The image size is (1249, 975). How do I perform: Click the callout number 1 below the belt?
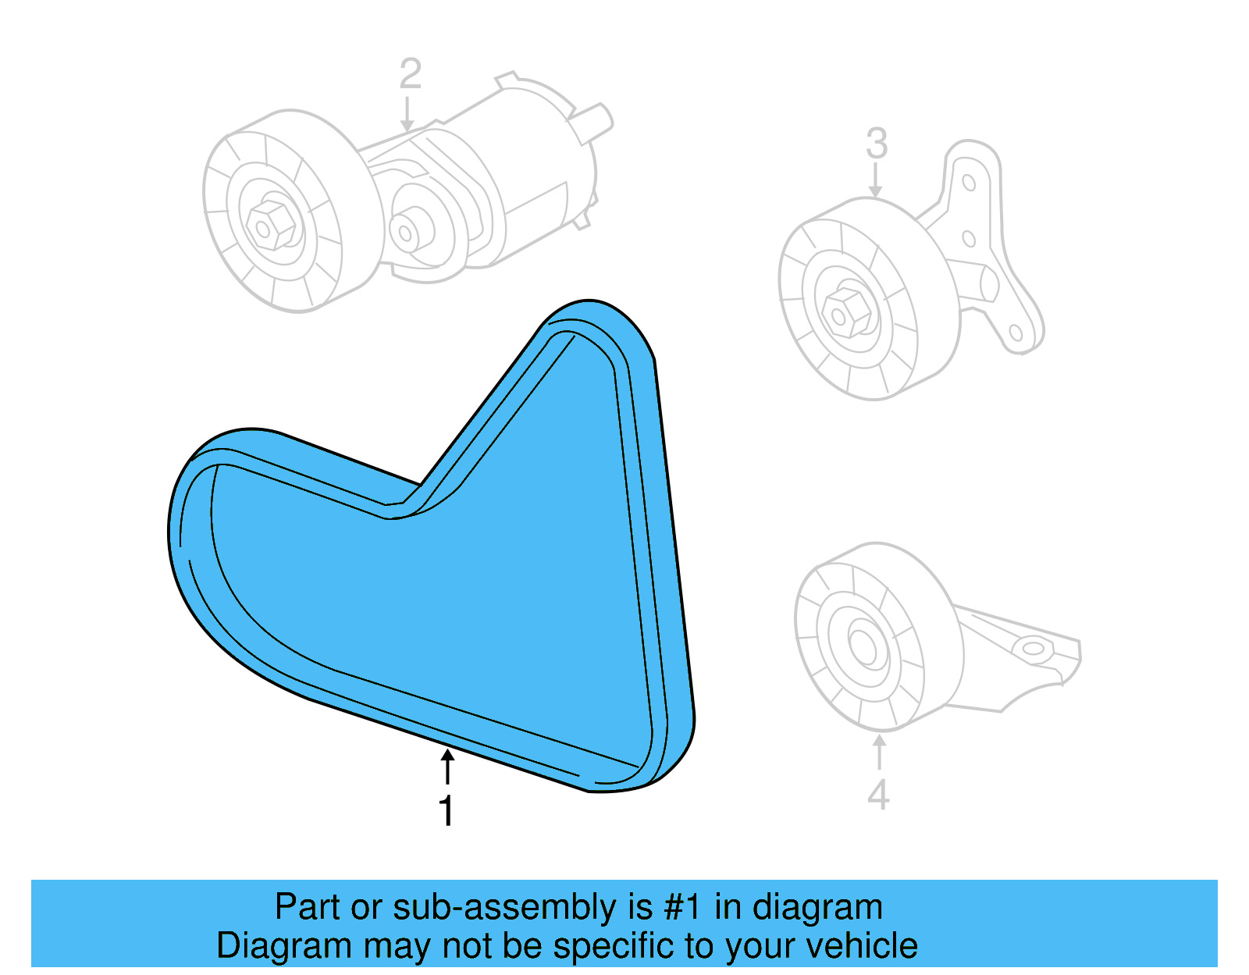click(x=447, y=812)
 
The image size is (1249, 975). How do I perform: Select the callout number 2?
click(x=410, y=74)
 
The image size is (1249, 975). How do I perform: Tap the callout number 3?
click(x=877, y=144)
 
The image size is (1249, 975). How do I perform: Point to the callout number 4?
click(x=878, y=795)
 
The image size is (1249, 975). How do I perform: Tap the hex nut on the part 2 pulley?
click(x=270, y=226)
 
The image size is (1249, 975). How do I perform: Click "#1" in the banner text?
click(x=682, y=908)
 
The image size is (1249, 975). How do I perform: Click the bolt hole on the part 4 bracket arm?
click(x=1032, y=648)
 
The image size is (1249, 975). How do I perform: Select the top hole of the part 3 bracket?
click(x=969, y=183)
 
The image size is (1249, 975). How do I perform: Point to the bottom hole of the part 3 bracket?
click(x=1016, y=333)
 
